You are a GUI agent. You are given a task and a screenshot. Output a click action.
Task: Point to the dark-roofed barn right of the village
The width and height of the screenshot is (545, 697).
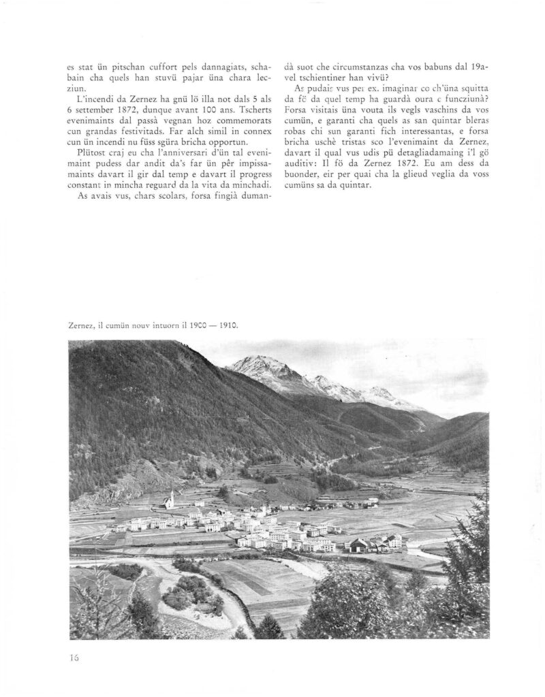click(x=358, y=545)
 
